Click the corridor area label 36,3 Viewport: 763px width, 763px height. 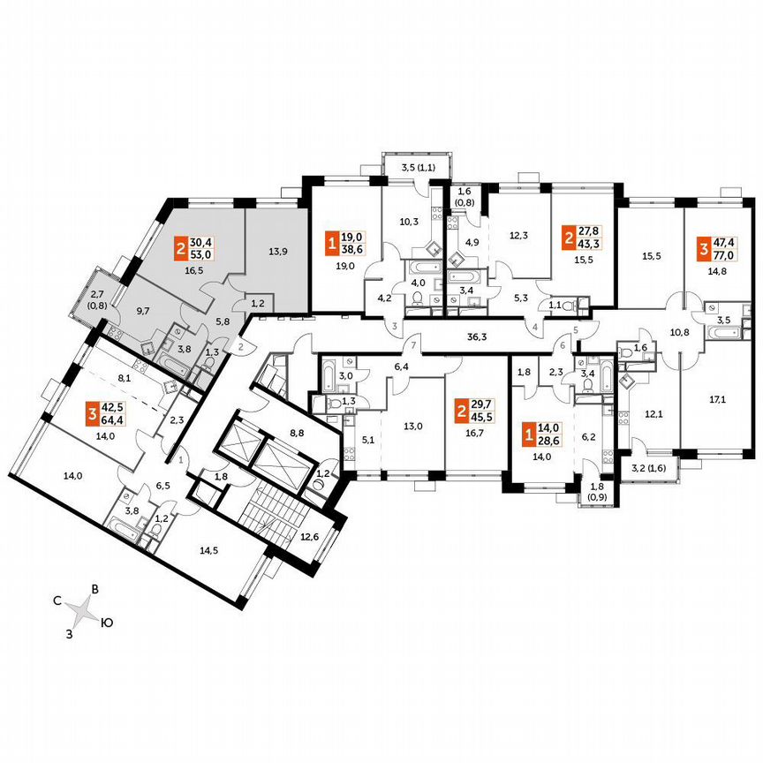click(480, 336)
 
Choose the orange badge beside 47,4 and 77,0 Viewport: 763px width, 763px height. click(703, 246)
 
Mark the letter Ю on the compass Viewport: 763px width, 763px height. click(106, 622)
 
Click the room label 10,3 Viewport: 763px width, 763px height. click(409, 223)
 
